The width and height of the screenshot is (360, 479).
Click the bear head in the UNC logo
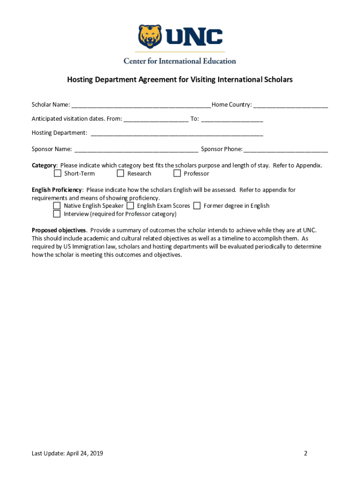coord(150,37)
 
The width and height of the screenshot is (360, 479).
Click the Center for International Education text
coord(180,61)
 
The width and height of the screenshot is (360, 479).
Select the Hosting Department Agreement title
coord(180,80)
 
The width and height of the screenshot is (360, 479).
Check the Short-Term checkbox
coord(58,174)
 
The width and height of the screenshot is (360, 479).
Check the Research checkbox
coord(121,174)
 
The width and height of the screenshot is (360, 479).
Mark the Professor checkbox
coord(177,174)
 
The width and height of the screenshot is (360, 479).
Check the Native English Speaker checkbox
coord(57,206)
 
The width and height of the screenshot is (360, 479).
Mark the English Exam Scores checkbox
coord(130,206)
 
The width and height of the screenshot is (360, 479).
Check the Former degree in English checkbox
coord(197,206)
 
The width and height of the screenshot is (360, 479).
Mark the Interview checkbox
coord(57,214)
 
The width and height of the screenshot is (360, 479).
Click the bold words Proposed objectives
coord(59,230)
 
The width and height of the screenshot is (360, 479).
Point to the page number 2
coord(305,453)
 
